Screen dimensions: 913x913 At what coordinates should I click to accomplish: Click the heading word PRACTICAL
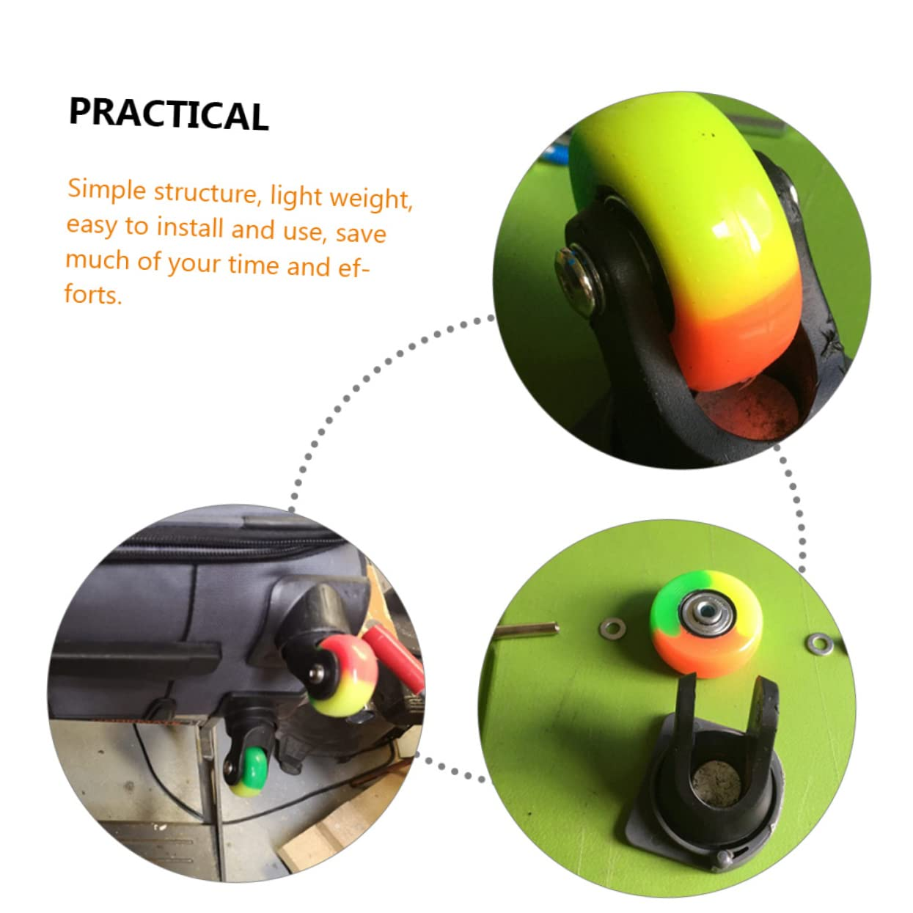(x=169, y=114)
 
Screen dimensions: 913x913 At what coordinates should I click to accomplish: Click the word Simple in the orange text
(x=107, y=189)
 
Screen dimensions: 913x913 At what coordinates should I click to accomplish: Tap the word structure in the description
(x=205, y=192)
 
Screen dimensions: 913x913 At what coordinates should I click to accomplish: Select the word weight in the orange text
(x=371, y=198)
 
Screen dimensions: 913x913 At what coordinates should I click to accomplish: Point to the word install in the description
(x=190, y=227)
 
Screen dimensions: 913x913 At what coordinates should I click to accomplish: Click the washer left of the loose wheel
(x=612, y=627)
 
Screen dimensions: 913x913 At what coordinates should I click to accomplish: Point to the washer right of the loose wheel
(x=816, y=644)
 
